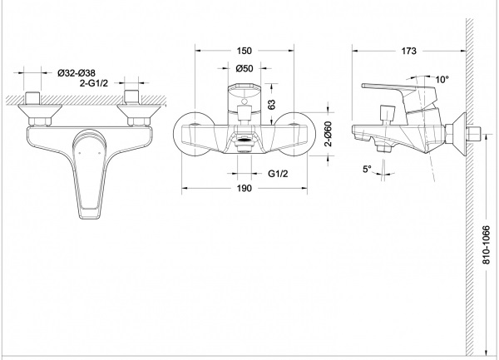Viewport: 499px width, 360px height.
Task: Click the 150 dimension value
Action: (244, 51)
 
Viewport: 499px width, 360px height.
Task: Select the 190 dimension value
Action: (244, 188)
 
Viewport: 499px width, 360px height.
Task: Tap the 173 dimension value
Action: (408, 51)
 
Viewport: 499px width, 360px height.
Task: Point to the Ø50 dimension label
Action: (245, 68)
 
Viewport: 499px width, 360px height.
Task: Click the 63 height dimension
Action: (271, 104)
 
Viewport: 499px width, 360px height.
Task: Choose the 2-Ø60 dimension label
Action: (328, 134)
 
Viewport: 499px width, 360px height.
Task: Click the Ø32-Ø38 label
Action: (77, 73)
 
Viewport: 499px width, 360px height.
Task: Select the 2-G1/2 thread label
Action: (93, 83)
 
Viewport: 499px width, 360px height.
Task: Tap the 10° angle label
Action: (442, 79)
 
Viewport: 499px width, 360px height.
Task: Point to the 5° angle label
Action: (367, 169)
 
